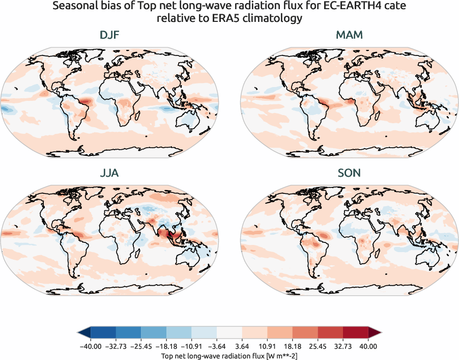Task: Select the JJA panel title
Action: tap(109, 173)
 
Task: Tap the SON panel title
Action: tap(349, 173)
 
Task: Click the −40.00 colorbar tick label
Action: tap(91, 346)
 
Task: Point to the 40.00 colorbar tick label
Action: tap(368, 346)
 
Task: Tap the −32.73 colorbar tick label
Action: tap(116, 346)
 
